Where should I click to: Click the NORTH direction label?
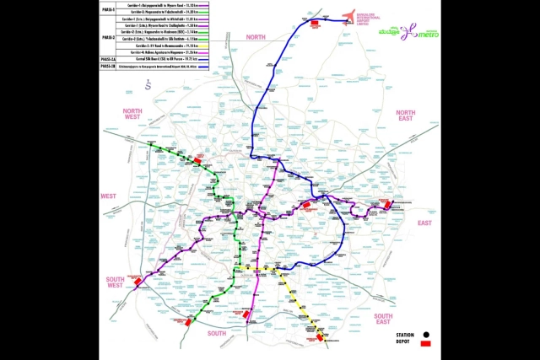tap(256, 38)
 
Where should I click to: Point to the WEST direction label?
tap(110, 196)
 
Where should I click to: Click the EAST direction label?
tap(424, 223)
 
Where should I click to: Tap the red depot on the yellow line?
tap(319, 337)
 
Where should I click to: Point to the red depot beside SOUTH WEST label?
tap(138, 284)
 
